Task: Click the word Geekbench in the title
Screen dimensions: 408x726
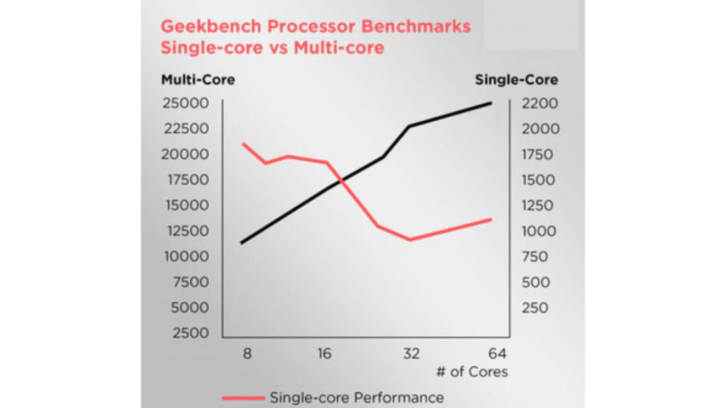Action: click(203, 27)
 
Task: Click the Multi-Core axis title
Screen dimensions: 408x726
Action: click(198, 80)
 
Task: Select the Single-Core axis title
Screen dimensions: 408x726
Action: click(516, 80)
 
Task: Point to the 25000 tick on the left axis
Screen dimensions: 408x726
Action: click(186, 103)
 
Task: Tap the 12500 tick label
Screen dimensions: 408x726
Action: click(186, 231)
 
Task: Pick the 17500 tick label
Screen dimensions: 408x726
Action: click(186, 180)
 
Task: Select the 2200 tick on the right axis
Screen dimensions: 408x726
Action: click(540, 103)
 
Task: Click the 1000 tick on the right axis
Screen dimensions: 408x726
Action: click(540, 231)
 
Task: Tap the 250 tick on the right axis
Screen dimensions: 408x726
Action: click(536, 307)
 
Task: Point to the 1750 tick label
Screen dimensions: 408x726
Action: click(540, 154)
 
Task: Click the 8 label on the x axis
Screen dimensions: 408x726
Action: click(247, 353)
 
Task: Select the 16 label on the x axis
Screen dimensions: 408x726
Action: click(323, 353)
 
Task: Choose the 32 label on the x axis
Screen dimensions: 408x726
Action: click(412, 353)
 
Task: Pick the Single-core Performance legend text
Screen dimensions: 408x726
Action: click(357, 397)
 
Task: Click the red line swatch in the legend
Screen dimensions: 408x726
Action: click(242, 397)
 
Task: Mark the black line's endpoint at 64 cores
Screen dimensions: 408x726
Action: click(491, 103)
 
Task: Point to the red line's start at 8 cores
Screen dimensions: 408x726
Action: click(243, 144)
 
